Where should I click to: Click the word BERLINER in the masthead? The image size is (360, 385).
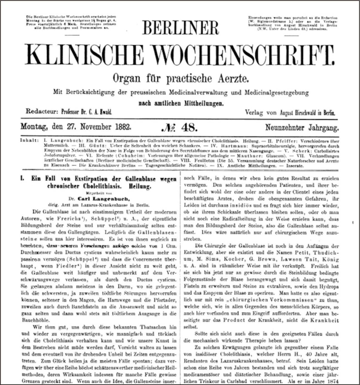pos(180,28)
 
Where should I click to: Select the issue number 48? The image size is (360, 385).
pos(189,127)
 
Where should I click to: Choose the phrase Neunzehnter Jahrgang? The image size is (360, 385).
pos(302,128)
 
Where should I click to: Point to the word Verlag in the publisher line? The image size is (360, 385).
pos(254,112)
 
